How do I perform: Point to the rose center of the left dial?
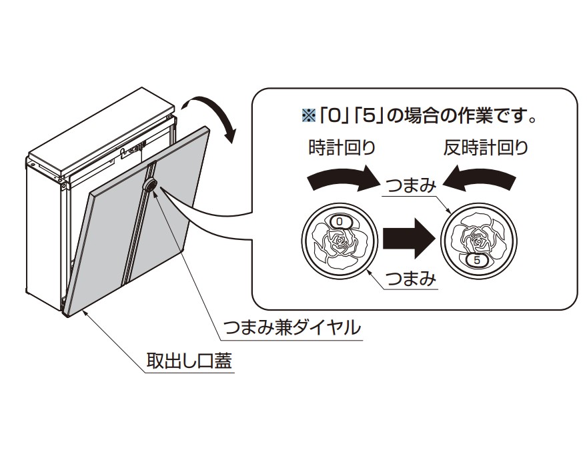(x=340, y=239)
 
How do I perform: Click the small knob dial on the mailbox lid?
(x=150, y=185)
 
